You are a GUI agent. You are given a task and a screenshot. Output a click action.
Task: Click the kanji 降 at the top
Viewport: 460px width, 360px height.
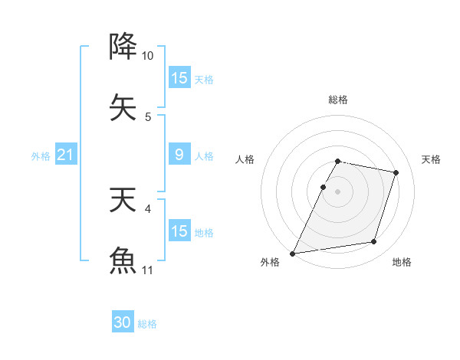123,47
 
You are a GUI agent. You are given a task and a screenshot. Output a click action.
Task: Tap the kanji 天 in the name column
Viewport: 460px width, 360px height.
123,200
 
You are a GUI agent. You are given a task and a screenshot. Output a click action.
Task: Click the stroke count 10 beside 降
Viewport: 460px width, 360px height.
147,56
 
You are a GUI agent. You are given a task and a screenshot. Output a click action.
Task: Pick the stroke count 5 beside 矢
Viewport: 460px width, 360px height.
148,117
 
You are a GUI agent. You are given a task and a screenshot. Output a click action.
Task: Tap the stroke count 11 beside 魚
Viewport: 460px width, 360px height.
147,270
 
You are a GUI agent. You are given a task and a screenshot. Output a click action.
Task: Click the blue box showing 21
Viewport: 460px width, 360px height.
65,155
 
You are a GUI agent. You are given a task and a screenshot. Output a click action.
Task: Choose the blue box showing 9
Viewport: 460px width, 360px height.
179,155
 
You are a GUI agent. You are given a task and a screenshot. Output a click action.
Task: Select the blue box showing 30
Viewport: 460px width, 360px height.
123,322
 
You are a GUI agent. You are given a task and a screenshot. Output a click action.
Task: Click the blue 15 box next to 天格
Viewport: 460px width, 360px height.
179,78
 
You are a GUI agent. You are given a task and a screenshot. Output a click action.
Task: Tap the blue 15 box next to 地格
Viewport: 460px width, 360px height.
179,231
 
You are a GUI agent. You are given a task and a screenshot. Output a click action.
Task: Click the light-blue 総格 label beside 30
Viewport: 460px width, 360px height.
147,324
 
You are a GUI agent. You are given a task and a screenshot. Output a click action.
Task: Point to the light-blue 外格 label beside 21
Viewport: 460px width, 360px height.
41,156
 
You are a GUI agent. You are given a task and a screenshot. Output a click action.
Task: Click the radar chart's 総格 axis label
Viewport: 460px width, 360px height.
337,100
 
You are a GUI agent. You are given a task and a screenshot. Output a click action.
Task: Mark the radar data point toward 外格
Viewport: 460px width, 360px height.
293,253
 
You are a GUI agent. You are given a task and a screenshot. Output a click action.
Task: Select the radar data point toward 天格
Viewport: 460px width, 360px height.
396,173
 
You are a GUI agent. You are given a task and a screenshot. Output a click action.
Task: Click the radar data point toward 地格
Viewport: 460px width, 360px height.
374,242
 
